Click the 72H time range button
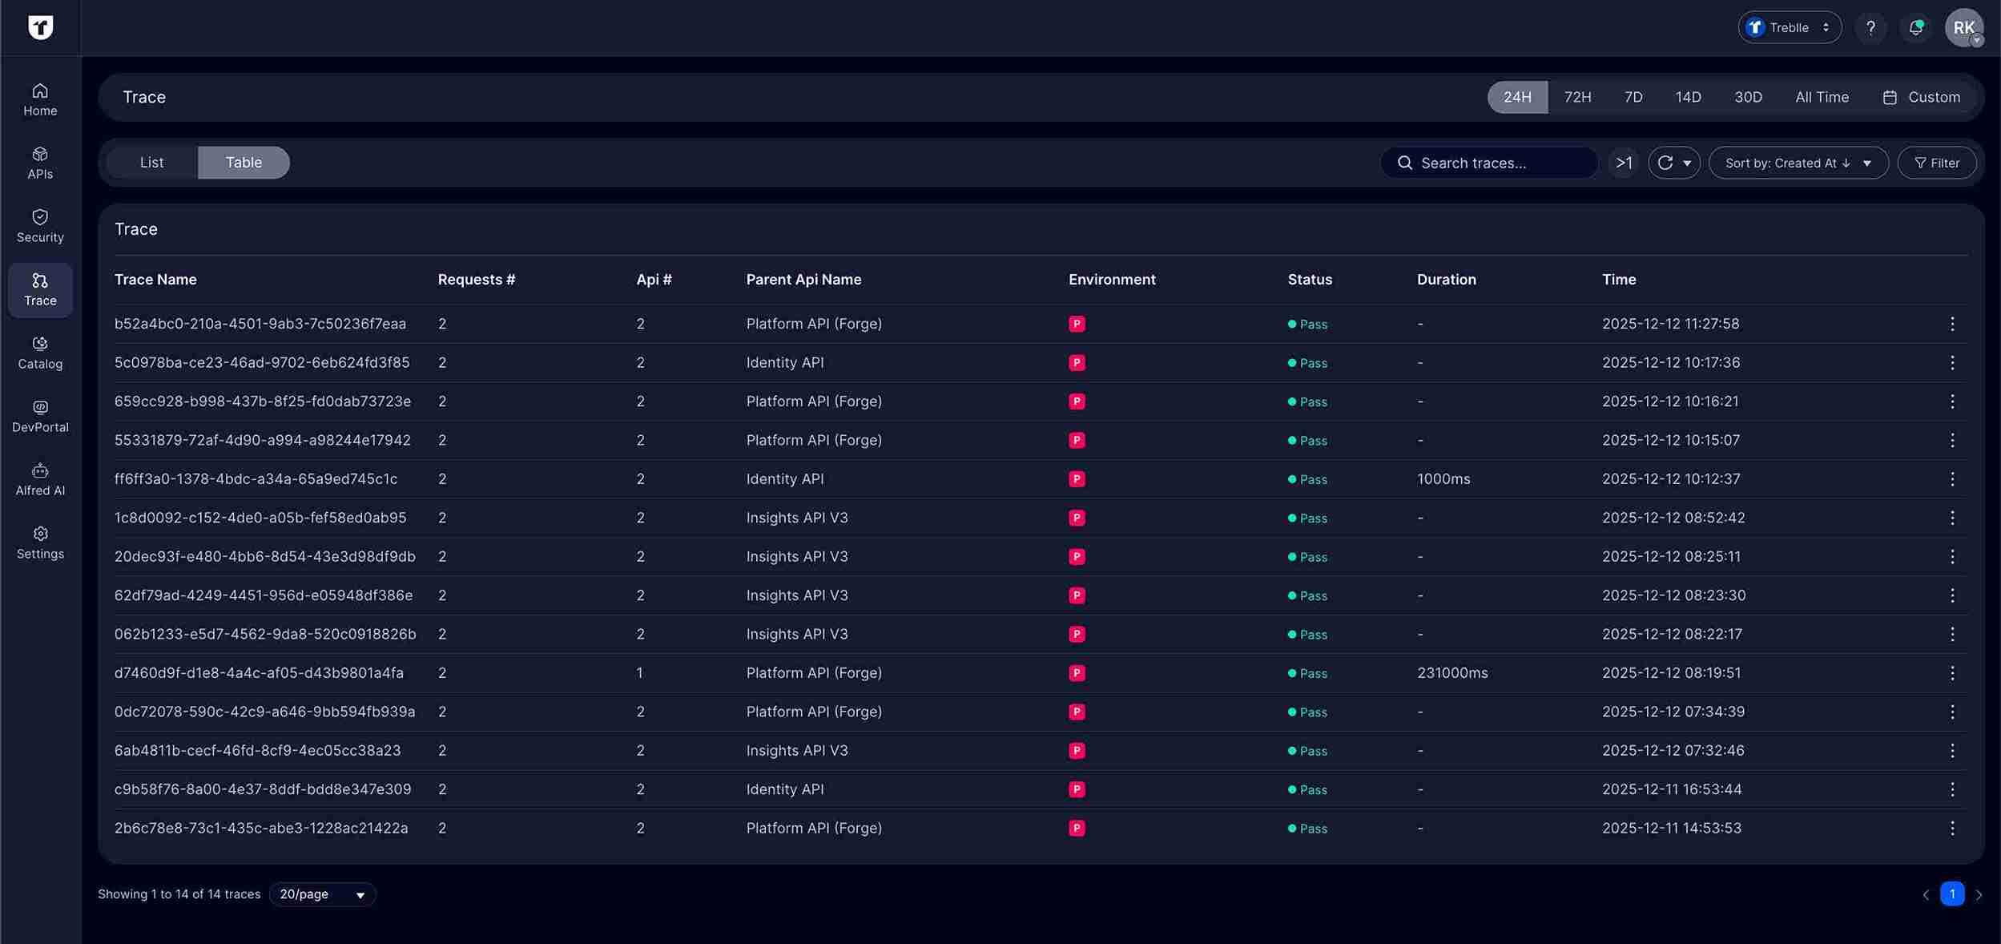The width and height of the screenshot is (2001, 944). [x=1577, y=97]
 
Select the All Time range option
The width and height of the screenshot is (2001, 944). [x=1821, y=97]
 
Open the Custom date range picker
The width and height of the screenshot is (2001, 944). [x=1921, y=97]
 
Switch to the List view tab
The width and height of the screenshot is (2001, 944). [x=151, y=163]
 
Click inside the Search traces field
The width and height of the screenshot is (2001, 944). [x=1490, y=163]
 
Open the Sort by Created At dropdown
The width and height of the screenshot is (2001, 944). [x=1798, y=163]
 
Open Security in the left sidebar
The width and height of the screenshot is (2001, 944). [x=40, y=226]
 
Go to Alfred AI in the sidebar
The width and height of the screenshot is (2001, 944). [x=40, y=479]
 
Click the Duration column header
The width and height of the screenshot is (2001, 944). [x=1446, y=280]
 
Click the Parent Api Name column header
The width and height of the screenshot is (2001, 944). [x=803, y=280]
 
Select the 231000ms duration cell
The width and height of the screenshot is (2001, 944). [x=1451, y=673]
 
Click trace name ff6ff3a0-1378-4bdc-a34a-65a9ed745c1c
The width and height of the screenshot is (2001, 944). [x=256, y=479]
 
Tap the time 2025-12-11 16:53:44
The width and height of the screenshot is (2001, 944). [x=1671, y=789]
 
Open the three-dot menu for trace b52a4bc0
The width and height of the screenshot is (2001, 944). [x=1951, y=324]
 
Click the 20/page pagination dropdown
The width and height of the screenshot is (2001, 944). [x=322, y=894]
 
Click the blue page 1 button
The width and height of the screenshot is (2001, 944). [x=1951, y=894]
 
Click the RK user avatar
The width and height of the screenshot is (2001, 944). [x=1963, y=28]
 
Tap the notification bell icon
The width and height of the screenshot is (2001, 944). [x=1915, y=28]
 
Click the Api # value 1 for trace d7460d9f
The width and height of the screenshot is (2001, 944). [x=639, y=673]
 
